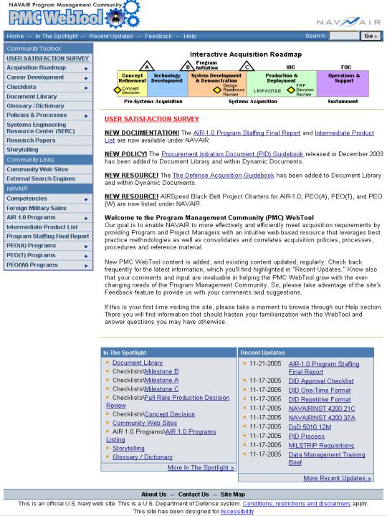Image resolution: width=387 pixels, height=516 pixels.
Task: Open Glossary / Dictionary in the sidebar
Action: (x=35, y=107)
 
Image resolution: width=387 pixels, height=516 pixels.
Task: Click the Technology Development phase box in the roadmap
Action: (x=166, y=78)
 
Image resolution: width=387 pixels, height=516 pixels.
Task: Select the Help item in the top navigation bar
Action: (x=190, y=36)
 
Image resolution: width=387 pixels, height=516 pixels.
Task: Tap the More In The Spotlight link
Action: (x=201, y=467)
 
